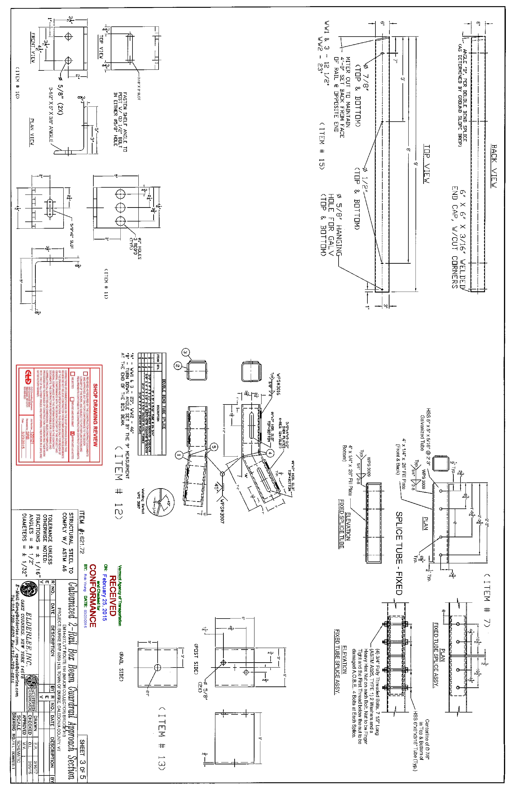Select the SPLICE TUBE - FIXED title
[399, 553]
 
